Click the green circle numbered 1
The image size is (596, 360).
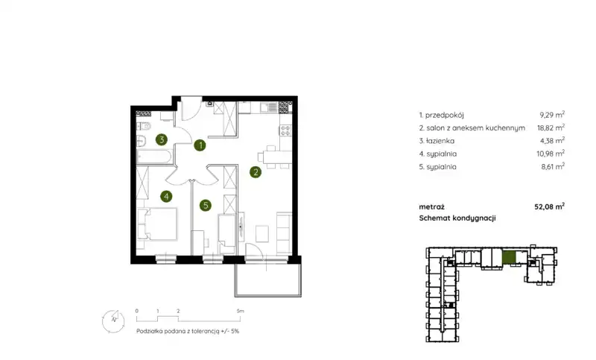click(x=200, y=145)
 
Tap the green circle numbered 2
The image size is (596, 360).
click(x=256, y=172)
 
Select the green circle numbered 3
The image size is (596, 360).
click(x=162, y=139)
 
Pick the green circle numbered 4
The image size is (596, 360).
click(x=166, y=197)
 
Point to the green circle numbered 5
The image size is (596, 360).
click(x=206, y=206)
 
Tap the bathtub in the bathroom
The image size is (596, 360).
click(x=155, y=157)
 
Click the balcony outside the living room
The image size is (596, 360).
click(x=268, y=280)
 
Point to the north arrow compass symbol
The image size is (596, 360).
click(x=113, y=321)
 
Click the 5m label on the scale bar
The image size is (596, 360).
click(x=240, y=311)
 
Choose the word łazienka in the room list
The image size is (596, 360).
click(x=440, y=141)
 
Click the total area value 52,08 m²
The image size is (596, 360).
click(x=550, y=206)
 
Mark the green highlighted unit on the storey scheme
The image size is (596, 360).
click(x=509, y=257)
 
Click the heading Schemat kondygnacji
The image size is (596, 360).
click(x=457, y=218)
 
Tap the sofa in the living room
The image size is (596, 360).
click(x=284, y=233)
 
